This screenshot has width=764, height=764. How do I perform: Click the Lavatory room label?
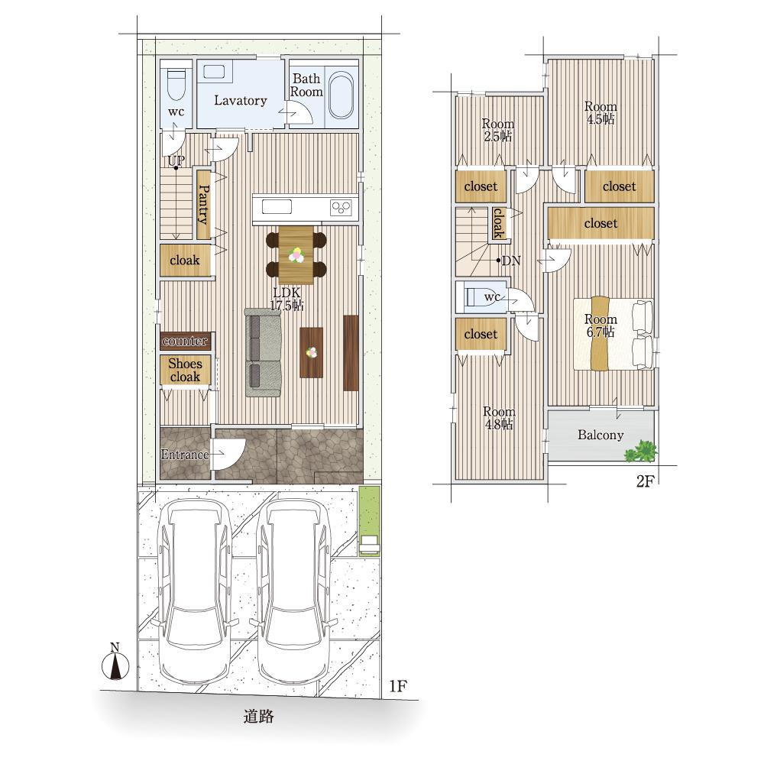[x=240, y=101]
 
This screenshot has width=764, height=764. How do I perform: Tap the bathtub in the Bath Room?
[x=341, y=96]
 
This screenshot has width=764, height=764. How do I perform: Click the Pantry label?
[x=204, y=204]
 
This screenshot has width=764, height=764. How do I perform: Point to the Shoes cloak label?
[x=185, y=371]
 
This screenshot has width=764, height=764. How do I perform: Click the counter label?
[x=185, y=341]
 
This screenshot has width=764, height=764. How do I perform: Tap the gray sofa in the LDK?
[x=263, y=352]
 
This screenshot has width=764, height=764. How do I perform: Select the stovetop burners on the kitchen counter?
[x=341, y=208]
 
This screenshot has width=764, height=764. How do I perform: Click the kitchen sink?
[x=277, y=207]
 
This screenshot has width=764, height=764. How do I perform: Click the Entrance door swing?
[x=228, y=454]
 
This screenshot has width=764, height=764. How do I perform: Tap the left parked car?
[x=194, y=592]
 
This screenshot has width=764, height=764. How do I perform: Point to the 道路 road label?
[x=259, y=717]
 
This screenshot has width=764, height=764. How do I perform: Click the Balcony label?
[x=601, y=435]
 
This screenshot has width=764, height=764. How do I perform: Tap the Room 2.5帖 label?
[x=497, y=130]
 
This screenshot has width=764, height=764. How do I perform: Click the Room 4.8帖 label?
[x=499, y=418]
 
